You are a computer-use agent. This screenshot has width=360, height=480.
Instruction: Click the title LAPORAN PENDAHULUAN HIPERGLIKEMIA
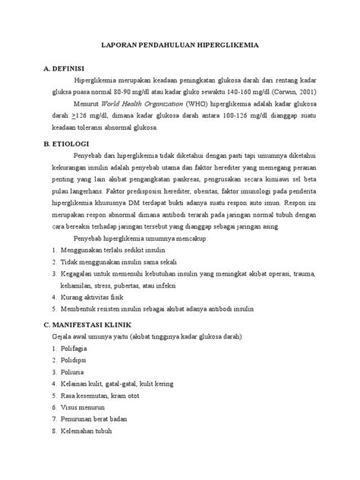click(180, 46)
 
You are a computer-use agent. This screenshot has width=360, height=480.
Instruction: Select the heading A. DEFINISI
click(69, 67)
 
